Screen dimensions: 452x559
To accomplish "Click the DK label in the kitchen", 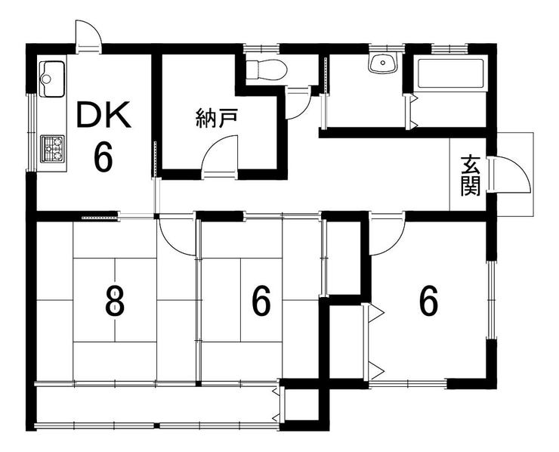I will [x=103, y=117].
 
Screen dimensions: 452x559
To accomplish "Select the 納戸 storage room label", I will [x=212, y=119].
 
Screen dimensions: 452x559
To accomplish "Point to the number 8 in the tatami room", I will [x=114, y=302].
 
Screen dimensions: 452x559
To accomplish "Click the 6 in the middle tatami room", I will [x=261, y=302].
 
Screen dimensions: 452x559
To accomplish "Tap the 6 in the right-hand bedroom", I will [x=428, y=302].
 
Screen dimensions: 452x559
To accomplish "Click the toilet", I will [x=267, y=70].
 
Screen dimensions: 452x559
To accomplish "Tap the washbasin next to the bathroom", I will [x=384, y=63].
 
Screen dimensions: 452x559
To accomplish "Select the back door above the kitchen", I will [x=88, y=38].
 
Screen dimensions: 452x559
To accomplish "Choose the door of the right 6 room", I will [x=385, y=234].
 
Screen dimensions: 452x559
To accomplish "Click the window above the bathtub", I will [x=449, y=48].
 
